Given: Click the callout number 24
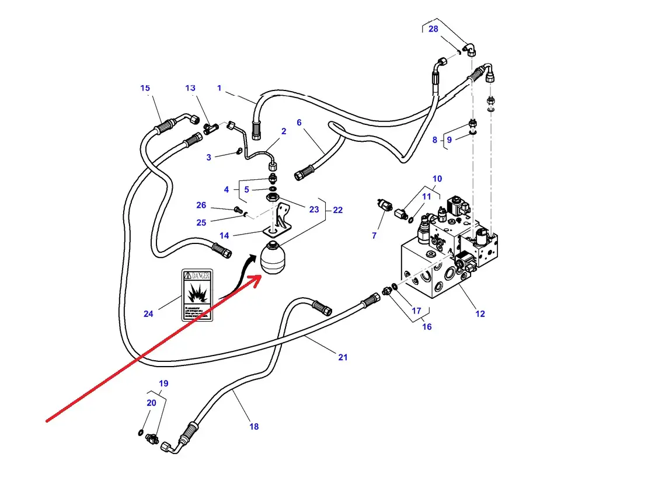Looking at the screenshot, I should (x=148, y=314).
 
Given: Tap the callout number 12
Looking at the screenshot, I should (x=480, y=314).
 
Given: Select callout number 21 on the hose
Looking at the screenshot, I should (x=343, y=357).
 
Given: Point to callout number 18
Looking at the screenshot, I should (x=254, y=427).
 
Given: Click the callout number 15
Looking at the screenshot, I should (x=145, y=88).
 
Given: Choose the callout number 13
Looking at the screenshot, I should (x=190, y=88).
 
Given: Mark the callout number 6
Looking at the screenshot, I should (x=299, y=123).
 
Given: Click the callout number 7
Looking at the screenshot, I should (x=374, y=236).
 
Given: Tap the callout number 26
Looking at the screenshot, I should (x=201, y=205).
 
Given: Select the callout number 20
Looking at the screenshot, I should (x=151, y=403).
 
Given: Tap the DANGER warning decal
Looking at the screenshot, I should (x=197, y=295).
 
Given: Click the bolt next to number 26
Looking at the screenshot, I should (x=238, y=209).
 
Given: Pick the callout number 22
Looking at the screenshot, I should (x=337, y=210).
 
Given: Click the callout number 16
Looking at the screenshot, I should (x=427, y=327).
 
